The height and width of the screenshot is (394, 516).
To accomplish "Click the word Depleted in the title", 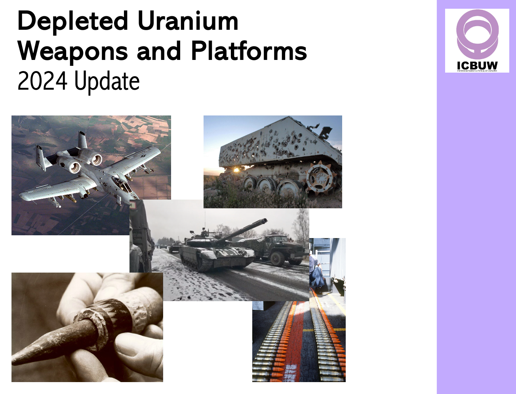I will coord(72,21).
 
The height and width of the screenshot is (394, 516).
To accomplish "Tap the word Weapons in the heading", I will coord(72,51).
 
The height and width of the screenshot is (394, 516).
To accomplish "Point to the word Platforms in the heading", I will coord(249,51).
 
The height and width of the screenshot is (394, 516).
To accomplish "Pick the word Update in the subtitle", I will coord(107,81).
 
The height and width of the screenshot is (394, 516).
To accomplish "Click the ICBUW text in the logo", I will coord(477,65).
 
